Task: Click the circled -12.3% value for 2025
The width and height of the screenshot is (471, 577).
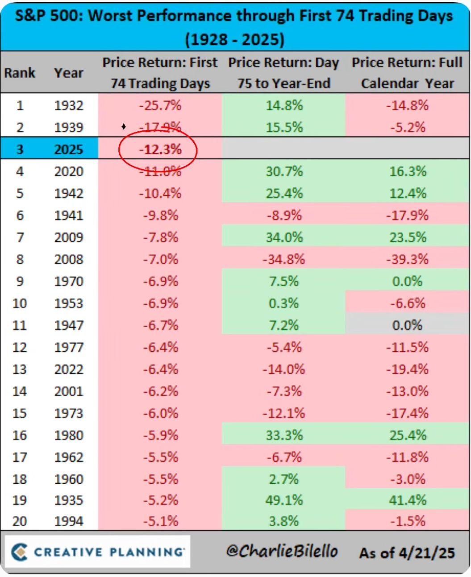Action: pyautogui.click(x=160, y=149)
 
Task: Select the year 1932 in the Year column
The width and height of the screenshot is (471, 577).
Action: pyautogui.click(x=69, y=106)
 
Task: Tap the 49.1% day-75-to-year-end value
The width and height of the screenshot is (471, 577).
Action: pyautogui.click(x=284, y=500)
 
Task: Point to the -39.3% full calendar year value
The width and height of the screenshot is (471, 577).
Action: pyautogui.click(x=407, y=259)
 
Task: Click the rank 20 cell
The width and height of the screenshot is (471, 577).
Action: pyautogui.click(x=20, y=521)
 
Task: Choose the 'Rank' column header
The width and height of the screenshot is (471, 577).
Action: pyautogui.click(x=20, y=73)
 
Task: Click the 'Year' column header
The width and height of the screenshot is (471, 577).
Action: pyautogui.click(x=69, y=73)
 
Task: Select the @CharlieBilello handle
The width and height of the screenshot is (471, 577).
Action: pyautogui.click(x=282, y=551)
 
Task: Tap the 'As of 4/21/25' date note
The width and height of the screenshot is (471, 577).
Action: pyautogui.click(x=407, y=553)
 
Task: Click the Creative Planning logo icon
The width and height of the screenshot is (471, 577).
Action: pyautogui.click(x=19, y=552)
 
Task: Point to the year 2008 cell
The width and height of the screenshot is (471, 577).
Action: pyautogui.click(x=69, y=259)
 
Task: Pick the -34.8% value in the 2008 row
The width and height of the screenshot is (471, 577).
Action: pyautogui.click(x=284, y=259)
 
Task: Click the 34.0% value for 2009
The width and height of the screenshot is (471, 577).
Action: pyautogui.click(x=284, y=237)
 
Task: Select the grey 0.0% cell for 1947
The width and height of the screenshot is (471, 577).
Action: pyautogui.click(x=407, y=325)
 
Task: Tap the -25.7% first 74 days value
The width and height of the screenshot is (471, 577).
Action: pyautogui.click(x=160, y=106)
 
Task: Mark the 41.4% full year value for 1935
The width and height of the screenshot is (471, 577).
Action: pyautogui.click(x=408, y=500)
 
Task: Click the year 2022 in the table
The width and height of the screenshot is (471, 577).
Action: pyautogui.click(x=69, y=369)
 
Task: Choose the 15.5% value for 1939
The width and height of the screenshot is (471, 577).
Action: pyautogui.click(x=284, y=128)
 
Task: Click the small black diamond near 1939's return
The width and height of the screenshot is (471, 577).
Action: pyautogui.click(x=124, y=126)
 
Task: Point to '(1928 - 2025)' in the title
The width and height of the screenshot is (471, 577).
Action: pyautogui.click(x=235, y=40)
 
